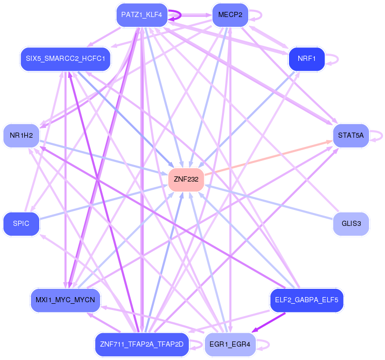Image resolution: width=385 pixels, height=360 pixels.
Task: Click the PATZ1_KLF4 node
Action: pos(142,15)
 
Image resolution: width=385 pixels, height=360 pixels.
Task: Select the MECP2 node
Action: pos(230,15)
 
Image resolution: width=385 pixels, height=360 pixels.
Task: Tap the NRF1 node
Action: pos(307,59)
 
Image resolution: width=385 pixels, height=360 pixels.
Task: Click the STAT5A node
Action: pos(351,136)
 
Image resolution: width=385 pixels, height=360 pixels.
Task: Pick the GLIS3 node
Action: pos(351,224)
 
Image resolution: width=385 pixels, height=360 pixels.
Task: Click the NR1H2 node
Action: pos(21,136)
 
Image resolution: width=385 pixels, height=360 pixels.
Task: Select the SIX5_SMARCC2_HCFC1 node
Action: pos(66,59)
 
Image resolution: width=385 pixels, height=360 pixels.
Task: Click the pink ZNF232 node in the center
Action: pos(186,179)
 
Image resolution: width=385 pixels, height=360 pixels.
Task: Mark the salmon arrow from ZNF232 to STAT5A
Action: pos(268,158)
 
